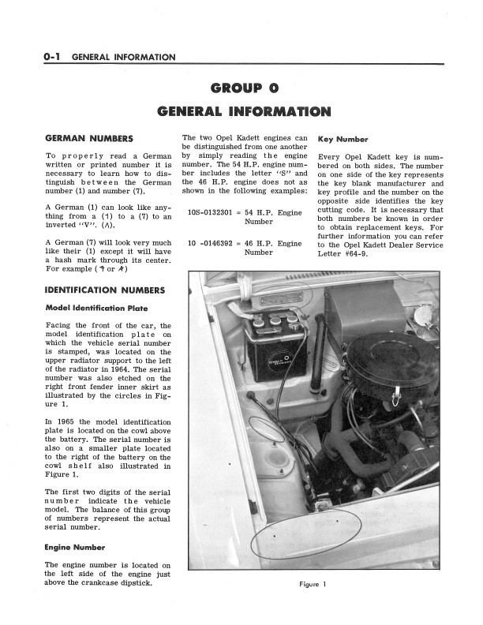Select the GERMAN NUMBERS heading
[88, 138]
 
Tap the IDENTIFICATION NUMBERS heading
[105, 290]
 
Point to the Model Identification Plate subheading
[97, 307]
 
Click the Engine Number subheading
[76, 546]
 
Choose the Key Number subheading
[343, 139]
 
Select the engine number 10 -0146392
[210, 243]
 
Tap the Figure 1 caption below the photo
[313, 583]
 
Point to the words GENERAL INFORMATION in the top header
[123, 57]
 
